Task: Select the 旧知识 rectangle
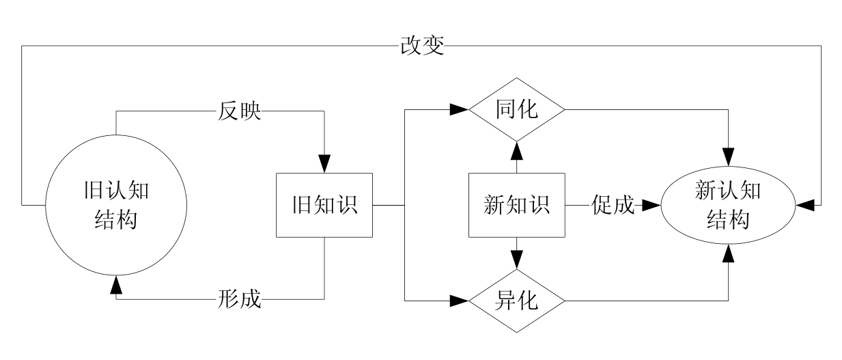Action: click(x=325, y=205)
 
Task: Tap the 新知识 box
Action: click(x=516, y=205)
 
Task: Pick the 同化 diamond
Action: click(x=516, y=109)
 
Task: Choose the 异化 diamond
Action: click(x=516, y=301)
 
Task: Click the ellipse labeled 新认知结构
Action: click(x=727, y=205)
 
